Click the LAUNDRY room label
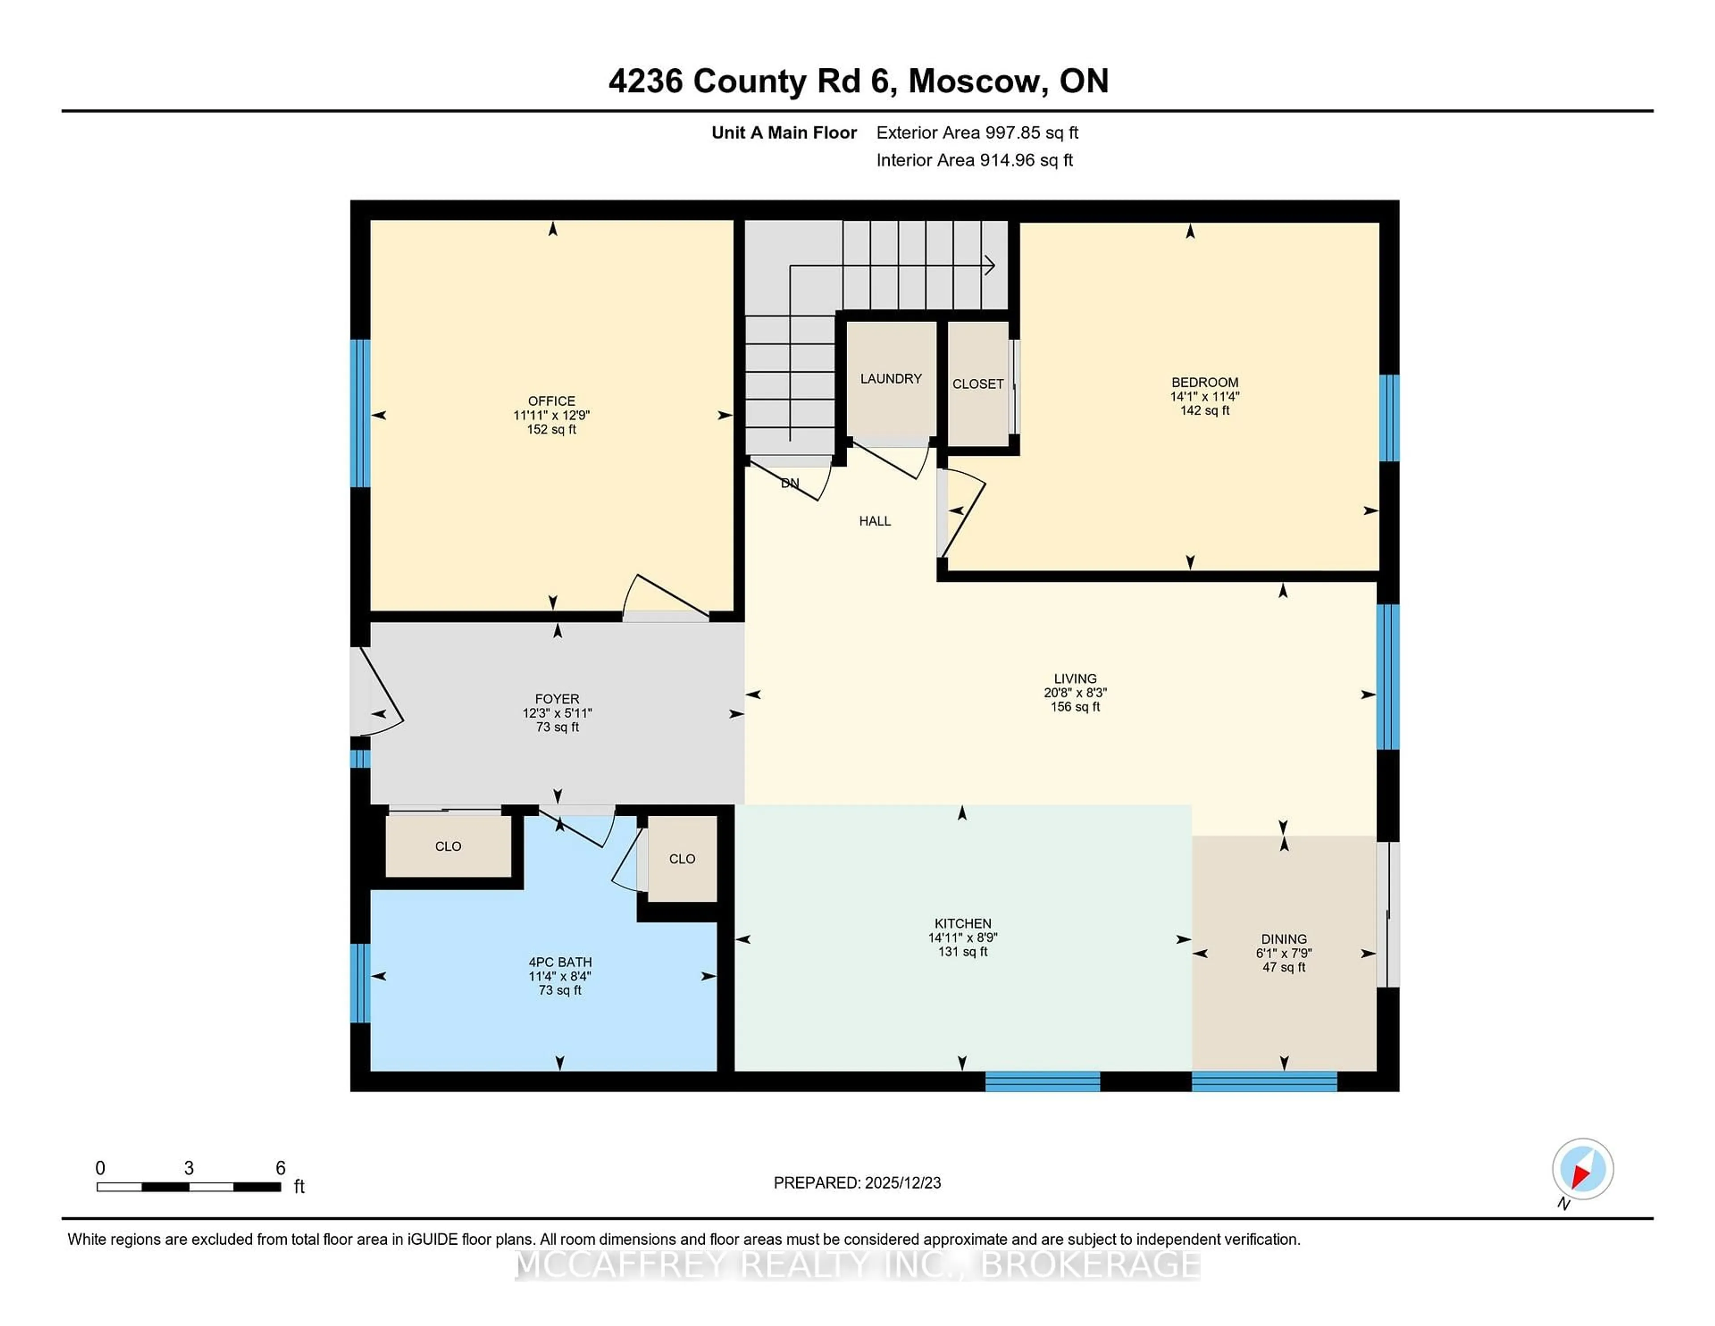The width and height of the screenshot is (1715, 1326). [x=891, y=378]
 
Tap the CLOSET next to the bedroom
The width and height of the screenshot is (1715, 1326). [x=978, y=384]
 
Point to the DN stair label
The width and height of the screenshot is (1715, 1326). [x=790, y=483]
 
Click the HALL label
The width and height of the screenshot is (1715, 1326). [x=875, y=521]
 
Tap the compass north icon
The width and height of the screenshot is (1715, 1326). [x=1582, y=1170]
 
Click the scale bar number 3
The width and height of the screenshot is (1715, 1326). [x=188, y=1168]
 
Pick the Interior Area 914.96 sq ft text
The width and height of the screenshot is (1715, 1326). [x=975, y=160]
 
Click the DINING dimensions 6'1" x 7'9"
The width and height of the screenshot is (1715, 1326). [x=1284, y=953]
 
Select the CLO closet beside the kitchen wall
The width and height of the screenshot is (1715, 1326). [x=682, y=859]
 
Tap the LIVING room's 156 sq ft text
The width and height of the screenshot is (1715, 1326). [x=1075, y=707]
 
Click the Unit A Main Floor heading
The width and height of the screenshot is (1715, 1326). [x=784, y=133]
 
